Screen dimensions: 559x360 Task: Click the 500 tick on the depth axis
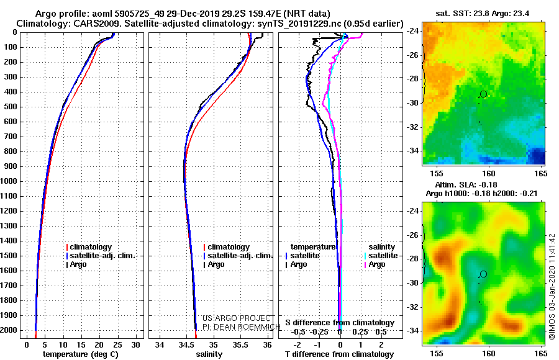(11, 107)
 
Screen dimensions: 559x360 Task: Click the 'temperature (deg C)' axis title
(81, 354)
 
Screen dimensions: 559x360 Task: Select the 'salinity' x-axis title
(209, 354)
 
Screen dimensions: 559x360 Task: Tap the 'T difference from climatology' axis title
(339, 354)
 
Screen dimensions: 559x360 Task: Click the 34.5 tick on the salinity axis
(186, 345)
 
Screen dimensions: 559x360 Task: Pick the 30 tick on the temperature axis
(136, 345)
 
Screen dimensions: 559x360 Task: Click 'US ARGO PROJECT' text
(237, 318)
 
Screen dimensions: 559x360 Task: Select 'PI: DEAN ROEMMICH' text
(242, 327)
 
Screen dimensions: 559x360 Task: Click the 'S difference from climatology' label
(340, 323)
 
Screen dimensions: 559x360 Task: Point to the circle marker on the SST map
(483, 94)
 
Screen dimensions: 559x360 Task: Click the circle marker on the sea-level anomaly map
(483, 274)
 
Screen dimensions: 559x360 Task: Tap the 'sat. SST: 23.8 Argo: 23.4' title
(483, 14)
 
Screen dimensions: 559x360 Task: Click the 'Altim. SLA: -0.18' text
(466, 184)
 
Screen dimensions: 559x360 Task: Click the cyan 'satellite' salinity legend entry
(381, 256)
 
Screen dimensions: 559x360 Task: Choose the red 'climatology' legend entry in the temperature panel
(89, 247)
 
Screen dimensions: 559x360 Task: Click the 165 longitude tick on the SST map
(541, 174)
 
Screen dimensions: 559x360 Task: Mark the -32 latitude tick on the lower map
(413, 307)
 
